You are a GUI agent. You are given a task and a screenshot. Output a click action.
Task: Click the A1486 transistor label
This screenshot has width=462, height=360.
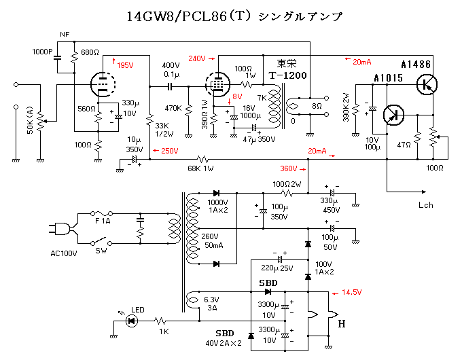(416, 65)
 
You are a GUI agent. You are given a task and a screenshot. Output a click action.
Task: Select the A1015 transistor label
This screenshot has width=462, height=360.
(389, 79)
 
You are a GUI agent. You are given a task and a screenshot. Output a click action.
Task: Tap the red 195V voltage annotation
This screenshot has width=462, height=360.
(125, 65)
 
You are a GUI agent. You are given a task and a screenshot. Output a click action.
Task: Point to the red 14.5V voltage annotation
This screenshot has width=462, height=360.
(351, 292)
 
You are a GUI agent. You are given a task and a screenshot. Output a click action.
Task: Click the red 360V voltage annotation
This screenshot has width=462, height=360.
(289, 169)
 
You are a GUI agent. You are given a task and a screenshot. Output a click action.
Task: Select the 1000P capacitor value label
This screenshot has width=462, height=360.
(45, 52)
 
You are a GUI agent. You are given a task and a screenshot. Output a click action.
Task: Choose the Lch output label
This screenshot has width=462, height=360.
(426, 204)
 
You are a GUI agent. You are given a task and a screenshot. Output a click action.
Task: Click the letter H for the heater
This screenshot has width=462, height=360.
(342, 324)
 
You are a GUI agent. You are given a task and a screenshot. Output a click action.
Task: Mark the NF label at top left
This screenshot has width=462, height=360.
(65, 34)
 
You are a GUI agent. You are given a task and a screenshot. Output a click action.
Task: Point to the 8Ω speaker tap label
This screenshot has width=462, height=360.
(317, 107)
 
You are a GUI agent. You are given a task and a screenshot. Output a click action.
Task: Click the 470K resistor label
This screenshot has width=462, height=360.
(173, 108)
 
